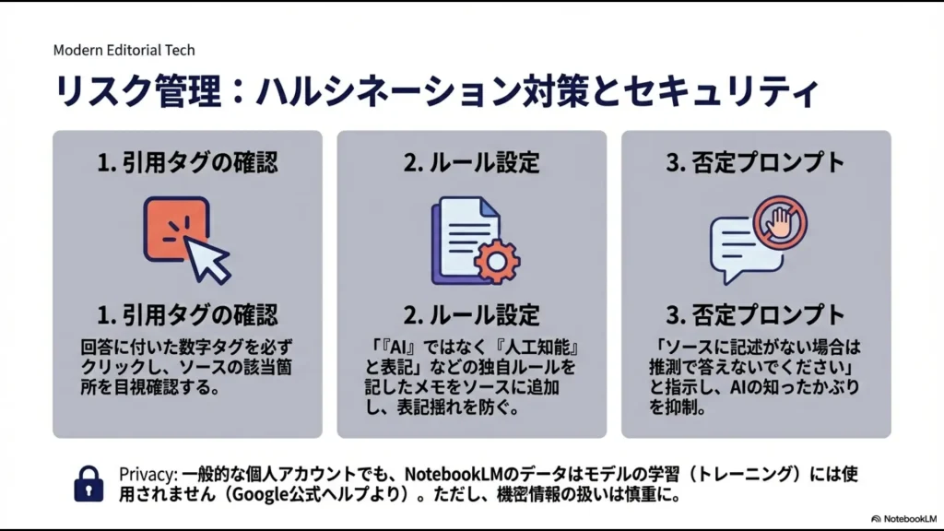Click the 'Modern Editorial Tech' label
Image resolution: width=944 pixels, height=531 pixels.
(x=124, y=50)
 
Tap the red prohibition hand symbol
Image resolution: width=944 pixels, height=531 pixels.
(x=779, y=222)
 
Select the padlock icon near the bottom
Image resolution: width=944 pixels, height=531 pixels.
(x=88, y=484)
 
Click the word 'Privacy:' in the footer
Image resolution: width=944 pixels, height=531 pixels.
(x=147, y=474)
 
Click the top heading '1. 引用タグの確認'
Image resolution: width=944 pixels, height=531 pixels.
(x=187, y=162)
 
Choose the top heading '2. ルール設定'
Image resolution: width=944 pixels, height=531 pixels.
(x=471, y=162)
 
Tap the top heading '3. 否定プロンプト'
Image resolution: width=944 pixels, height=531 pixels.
(x=755, y=162)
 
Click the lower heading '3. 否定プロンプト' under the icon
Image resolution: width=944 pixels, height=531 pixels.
(x=755, y=314)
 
